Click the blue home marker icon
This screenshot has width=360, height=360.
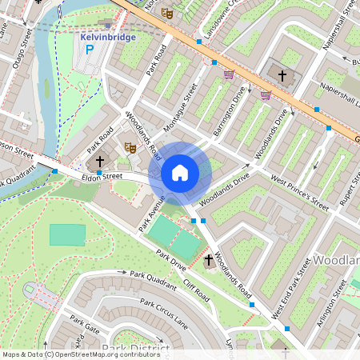pos(180,173)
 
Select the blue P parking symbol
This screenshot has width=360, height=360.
pos(90,50)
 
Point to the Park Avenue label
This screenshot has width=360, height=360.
pos(153,212)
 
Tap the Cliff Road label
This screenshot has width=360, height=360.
pos(198,287)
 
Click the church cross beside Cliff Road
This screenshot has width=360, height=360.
pos(209,260)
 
